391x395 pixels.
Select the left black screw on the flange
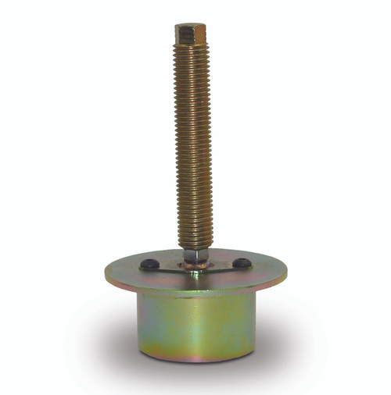[147, 265]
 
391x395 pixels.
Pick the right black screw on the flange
[243, 263]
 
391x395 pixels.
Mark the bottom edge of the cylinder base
[195, 361]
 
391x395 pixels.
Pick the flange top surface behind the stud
[211, 255]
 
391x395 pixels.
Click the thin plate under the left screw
[160, 269]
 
